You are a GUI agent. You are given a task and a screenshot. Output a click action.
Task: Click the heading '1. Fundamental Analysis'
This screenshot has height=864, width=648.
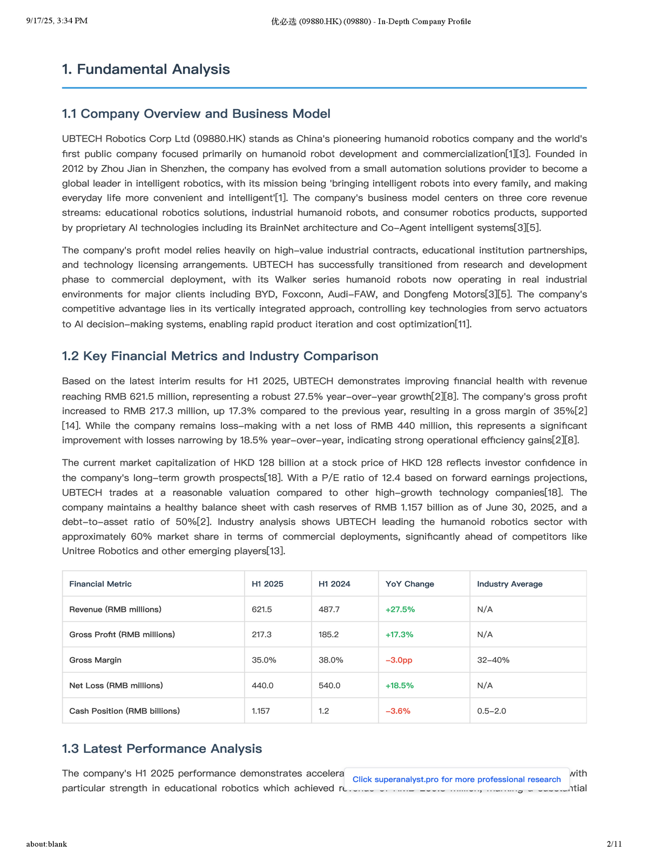click(146, 69)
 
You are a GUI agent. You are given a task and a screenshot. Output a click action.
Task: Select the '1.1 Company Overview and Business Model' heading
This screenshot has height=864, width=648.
click(196, 113)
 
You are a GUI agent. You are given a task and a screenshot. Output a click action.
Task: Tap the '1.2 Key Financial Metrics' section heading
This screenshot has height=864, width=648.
click(220, 356)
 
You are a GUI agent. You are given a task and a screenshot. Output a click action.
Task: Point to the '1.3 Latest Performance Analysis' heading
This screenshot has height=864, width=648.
click(162, 748)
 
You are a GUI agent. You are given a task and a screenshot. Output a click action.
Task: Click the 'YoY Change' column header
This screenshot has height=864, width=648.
click(409, 584)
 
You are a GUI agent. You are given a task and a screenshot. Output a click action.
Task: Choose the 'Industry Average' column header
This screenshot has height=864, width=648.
click(510, 584)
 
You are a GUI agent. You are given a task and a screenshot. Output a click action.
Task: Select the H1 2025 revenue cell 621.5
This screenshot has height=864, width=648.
click(262, 609)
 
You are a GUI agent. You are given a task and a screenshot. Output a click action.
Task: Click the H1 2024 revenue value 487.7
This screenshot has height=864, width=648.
click(329, 609)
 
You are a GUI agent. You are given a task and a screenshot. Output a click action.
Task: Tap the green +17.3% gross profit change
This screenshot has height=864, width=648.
click(399, 634)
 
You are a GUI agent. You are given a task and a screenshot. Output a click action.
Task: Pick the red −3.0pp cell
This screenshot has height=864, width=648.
click(399, 660)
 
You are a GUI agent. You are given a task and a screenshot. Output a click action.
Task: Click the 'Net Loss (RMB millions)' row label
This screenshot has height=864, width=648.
click(116, 685)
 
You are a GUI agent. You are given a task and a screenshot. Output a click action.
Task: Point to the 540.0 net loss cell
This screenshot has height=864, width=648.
click(329, 685)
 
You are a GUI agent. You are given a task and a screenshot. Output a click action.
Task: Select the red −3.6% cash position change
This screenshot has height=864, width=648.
click(397, 711)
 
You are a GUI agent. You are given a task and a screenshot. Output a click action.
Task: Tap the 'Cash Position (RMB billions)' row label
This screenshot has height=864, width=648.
click(124, 711)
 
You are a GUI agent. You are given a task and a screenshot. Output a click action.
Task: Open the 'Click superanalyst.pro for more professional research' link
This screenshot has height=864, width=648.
click(456, 779)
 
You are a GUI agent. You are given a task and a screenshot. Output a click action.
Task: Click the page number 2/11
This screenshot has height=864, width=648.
click(614, 843)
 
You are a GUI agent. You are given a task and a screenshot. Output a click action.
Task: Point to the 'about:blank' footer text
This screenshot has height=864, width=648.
click(46, 843)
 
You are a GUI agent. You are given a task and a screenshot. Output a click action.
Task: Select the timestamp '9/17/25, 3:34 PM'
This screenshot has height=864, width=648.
click(57, 21)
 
